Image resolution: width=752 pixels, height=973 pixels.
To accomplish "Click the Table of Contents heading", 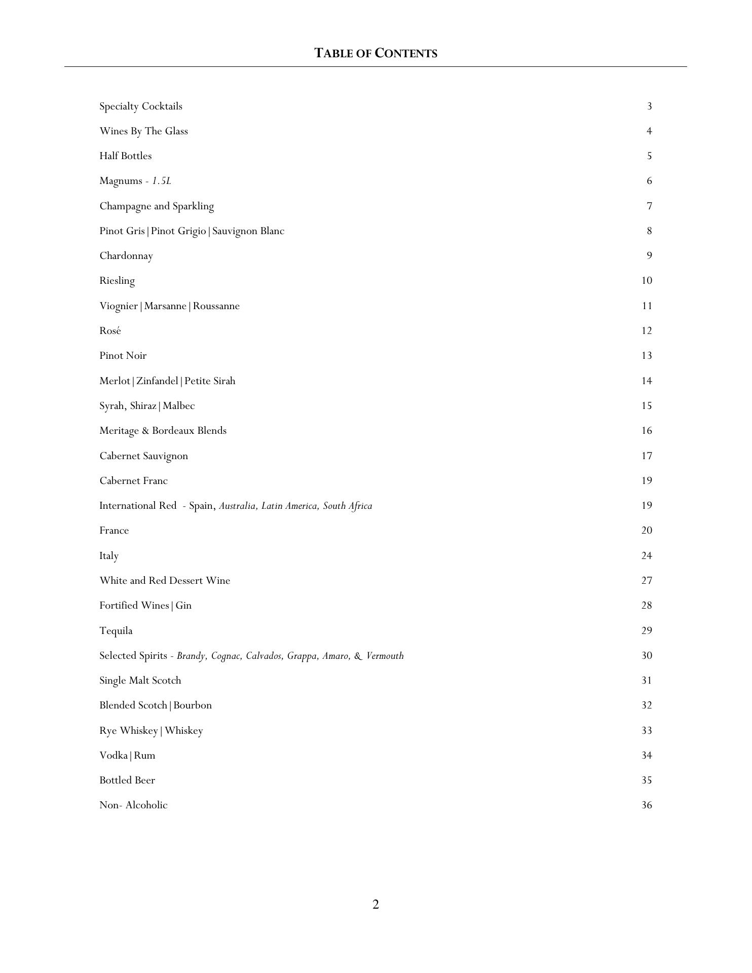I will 375,53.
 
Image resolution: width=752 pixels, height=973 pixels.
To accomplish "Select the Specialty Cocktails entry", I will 141,106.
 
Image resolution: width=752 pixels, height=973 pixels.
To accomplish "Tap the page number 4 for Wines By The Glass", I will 649,131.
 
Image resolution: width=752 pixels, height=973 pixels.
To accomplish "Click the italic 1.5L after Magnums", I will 162,181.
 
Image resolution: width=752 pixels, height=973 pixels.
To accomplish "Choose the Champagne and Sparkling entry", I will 157,206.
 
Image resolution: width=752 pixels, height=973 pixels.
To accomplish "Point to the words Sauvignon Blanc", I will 248,231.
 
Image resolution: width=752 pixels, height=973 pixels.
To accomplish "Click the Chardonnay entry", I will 126,256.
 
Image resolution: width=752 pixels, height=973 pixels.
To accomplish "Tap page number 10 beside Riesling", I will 647,281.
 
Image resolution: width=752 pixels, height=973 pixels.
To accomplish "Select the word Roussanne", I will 216,306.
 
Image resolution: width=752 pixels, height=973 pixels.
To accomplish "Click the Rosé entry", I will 110,331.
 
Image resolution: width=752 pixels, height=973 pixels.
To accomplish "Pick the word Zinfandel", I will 157,381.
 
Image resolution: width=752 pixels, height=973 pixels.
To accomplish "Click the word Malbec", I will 179,406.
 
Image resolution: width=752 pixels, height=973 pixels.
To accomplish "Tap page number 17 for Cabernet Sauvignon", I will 647,456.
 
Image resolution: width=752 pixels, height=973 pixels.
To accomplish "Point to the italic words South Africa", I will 348,506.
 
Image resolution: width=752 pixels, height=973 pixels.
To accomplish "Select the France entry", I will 114,531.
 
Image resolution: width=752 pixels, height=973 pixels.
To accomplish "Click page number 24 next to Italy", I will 647,556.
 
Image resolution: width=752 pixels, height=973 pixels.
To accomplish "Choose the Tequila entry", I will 116,631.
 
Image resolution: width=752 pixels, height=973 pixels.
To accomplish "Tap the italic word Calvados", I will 264,656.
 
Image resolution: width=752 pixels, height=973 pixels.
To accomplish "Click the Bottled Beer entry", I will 127,780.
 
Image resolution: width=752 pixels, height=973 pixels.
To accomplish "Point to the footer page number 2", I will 375,905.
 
